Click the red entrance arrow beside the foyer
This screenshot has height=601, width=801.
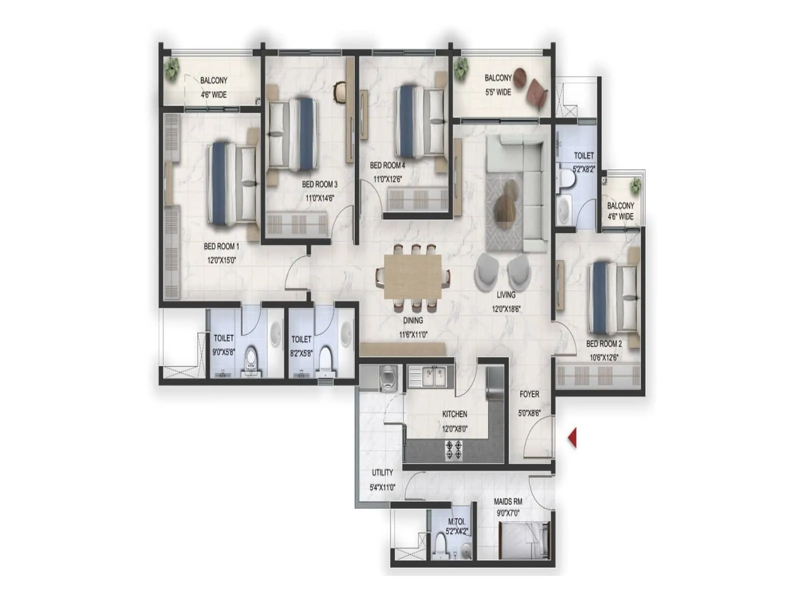point(572,437)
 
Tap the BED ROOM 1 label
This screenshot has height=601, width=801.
point(221,246)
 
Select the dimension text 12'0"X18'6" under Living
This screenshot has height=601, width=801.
point(506,309)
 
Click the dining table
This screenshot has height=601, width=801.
point(413,276)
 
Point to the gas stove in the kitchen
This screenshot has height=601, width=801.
point(454,450)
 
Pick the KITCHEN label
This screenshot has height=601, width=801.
point(455,414)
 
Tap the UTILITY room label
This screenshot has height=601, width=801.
point(382,473)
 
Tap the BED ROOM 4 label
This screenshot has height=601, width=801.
point(387,165)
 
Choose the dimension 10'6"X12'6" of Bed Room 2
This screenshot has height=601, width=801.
point(604,358)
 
